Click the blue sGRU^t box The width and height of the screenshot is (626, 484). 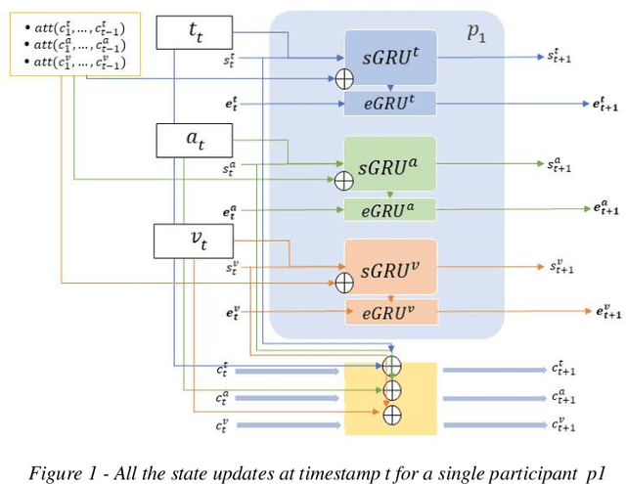[390, 57]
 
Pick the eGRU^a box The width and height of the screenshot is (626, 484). [390, 208]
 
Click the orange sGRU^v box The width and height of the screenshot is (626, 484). [390, 265]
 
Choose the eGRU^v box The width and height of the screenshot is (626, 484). [390, 311]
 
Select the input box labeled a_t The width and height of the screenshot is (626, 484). [194, 141]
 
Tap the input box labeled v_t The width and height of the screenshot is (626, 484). [194, 241]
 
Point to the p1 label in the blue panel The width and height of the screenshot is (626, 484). [476, 33]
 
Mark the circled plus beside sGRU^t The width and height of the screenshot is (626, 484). [343, 76]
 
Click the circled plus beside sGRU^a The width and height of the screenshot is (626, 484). [343, 180]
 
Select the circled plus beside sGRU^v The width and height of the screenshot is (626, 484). [343, 284]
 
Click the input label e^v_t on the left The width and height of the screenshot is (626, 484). [231, 312]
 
